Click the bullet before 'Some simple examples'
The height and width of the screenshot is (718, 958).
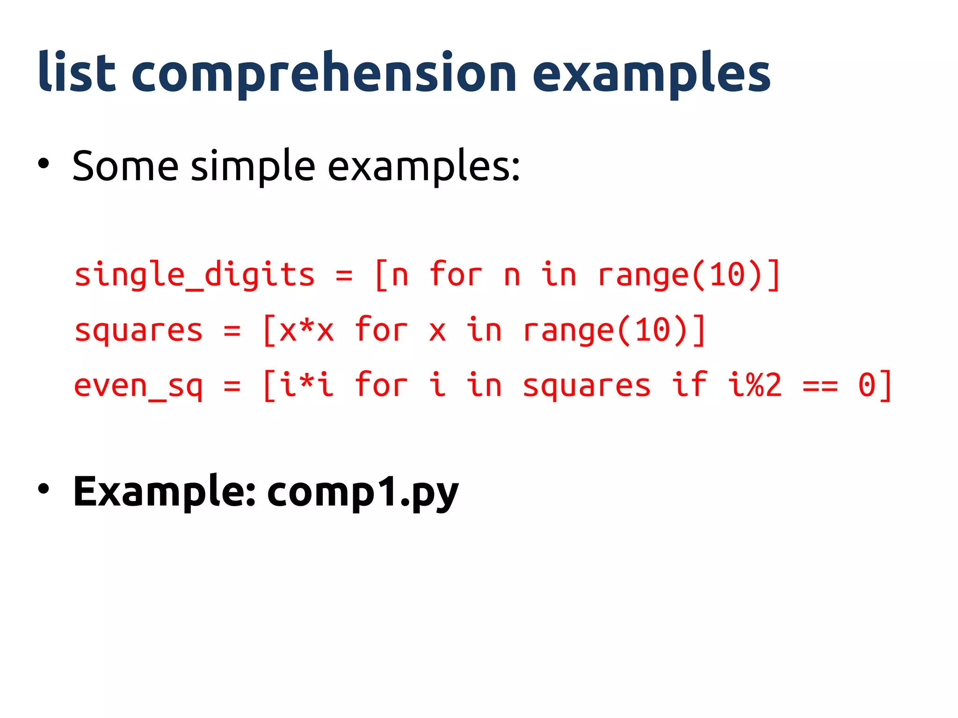(x=44, y=164)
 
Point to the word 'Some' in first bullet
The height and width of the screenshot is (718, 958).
(x=125, y=166)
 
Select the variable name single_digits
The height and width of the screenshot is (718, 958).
(x=194, y=275)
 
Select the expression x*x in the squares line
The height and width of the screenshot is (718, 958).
(x=306, y=330)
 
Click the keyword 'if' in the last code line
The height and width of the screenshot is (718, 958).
(x=689, y=385)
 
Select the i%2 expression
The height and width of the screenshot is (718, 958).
(x=755, y=386)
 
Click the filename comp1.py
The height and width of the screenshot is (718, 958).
(x=363, y=492)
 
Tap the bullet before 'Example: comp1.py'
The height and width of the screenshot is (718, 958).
(x=44, y=489)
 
